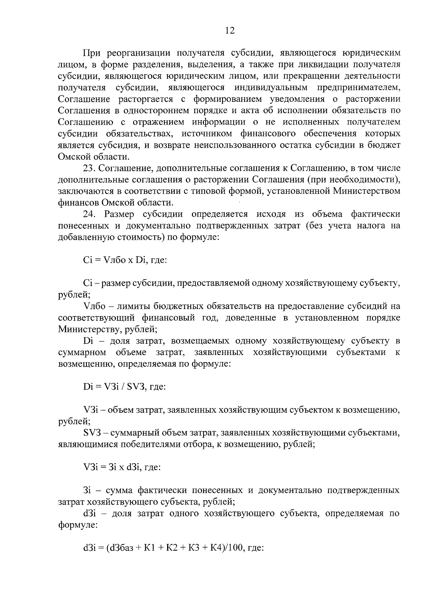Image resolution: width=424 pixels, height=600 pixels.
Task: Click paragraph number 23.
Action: (x=88, y=168)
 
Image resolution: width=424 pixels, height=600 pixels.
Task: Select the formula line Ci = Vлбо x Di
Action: (x=125, y=261)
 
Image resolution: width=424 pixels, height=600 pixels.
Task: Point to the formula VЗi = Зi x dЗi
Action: (x=122, y=467)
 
